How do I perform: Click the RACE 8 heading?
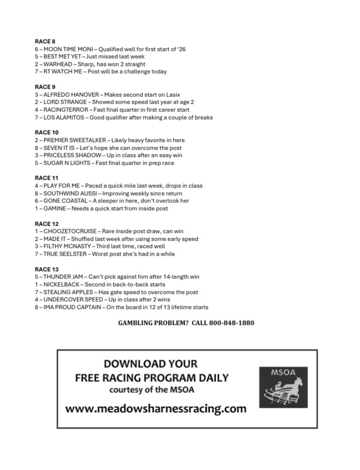45,42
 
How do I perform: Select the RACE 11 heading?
47,178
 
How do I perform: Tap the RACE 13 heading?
47,269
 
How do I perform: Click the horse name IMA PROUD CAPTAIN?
72,307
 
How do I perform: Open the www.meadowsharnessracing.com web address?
156,409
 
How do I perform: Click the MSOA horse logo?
283,387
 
